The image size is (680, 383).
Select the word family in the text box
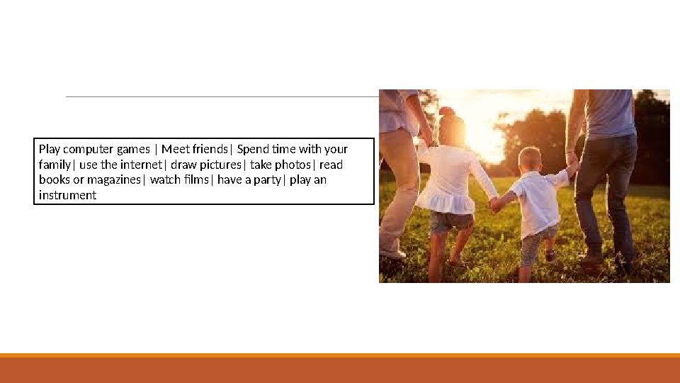[x=55, y=165]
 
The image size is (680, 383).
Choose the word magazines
[x=114, y=180]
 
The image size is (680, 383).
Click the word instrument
[x=67, y=195]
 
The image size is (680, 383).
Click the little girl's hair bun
[x=446, y=111]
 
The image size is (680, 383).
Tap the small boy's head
[x=530, y=158]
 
